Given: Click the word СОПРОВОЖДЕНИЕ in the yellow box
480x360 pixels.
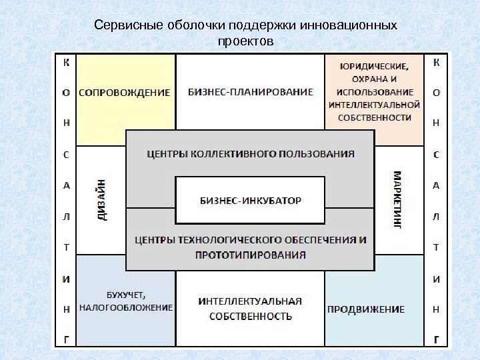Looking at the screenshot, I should [125, 92].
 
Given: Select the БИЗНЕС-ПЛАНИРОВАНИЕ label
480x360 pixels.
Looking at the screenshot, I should [251, 92].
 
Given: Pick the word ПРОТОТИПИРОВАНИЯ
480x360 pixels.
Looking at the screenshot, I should [251, 255].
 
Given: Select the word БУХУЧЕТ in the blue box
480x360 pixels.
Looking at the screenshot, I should [125, 295].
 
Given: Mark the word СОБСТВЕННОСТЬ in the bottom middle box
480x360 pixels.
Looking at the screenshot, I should [251, 315].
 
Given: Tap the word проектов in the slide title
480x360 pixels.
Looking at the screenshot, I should [245, 41].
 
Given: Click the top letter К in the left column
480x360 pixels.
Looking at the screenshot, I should [66, 63].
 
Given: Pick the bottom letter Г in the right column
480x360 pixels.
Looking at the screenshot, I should [436, 339].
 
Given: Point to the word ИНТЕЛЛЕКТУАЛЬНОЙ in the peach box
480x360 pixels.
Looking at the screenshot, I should [374, 105].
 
